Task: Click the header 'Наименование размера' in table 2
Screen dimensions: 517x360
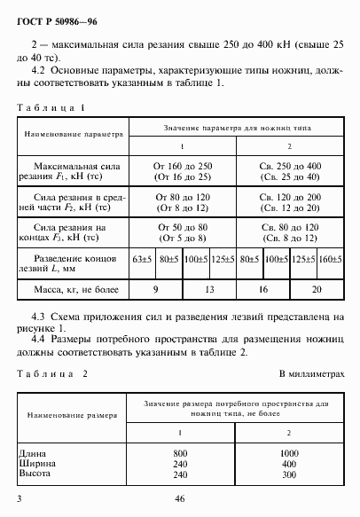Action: click(67, 414)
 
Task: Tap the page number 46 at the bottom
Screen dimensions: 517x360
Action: click(179, 500)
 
